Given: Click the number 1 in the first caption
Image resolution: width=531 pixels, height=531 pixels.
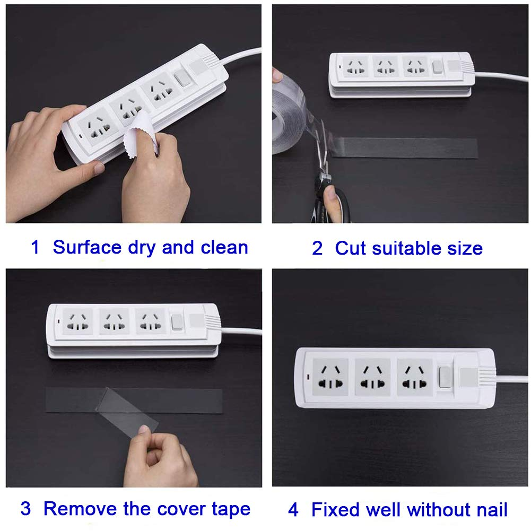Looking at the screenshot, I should coord(35,247).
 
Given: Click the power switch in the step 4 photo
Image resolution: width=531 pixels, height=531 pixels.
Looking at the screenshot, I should coord(444,376).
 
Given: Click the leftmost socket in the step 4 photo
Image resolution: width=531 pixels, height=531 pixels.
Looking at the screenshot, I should coord(330,377).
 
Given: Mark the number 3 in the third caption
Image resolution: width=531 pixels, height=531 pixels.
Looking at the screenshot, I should coord(26,509).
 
